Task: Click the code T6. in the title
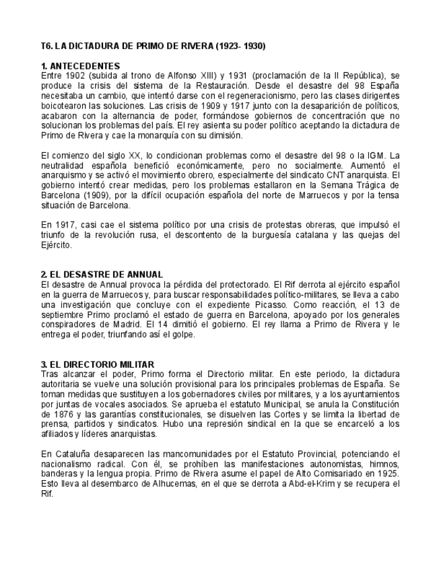point(46,46)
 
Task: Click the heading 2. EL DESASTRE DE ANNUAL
point(102,274)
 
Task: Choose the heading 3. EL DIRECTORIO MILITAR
point(98,364)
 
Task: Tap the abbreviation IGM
point(376,155)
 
